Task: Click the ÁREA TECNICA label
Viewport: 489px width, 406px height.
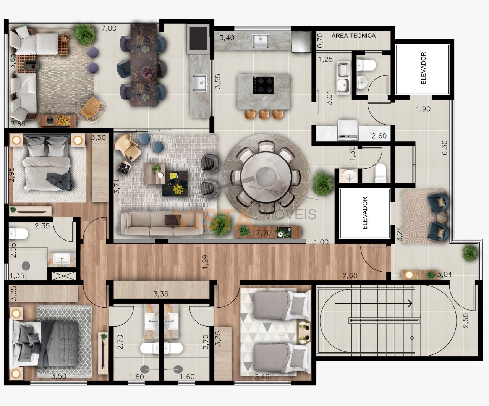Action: pos(353,36)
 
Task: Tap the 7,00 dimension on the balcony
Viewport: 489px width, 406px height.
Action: pos(109,28)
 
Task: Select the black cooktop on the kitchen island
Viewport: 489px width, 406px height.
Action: pos(263,85)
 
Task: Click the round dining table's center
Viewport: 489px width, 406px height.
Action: pos(266,175)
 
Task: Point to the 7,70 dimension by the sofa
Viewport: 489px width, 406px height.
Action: pos(264,233)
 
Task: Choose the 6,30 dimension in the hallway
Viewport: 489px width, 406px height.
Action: pos(445,147)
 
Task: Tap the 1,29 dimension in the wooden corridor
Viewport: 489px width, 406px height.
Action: pos(205,262)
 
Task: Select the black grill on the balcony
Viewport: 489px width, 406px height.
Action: pos(198,39)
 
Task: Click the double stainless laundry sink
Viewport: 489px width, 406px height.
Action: pos(343,78)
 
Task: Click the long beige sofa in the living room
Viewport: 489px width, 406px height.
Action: pos(162,223)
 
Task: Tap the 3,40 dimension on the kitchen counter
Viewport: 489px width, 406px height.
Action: pos(227,37)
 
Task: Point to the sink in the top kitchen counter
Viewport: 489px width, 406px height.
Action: pos(261,41)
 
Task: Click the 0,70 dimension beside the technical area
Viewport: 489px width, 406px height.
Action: pos(320,41)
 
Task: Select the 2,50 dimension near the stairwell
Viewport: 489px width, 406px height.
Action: pos(466,321)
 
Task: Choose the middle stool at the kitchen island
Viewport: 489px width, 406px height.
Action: pos(264,114)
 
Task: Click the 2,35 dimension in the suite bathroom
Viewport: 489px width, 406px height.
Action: pos(42,226)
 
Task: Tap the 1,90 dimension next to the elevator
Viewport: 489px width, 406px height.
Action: pos(423,109)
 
